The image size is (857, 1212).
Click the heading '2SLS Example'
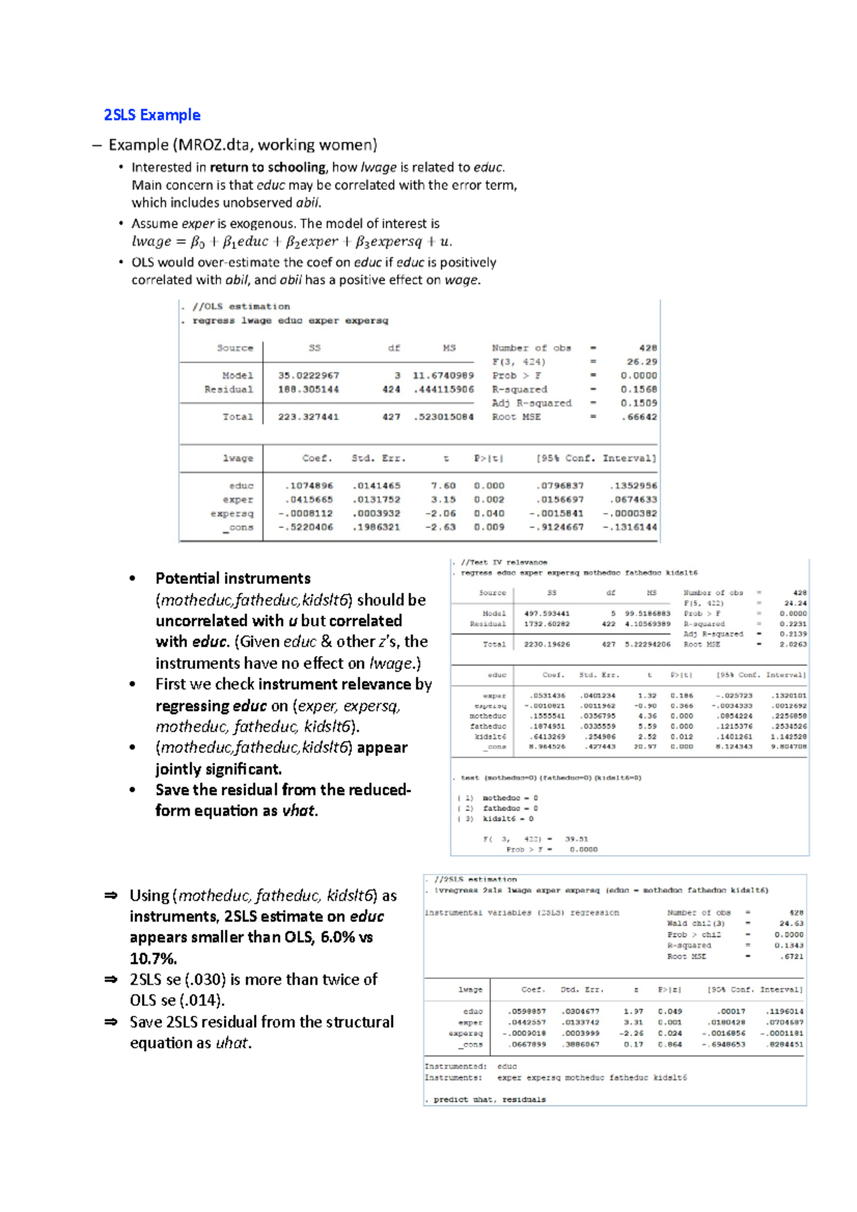tap(152, 115)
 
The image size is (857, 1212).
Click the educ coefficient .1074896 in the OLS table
tap(309, 485)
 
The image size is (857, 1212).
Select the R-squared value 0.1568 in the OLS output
tap(638, 389)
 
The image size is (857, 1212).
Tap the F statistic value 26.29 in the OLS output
tap(641, 362)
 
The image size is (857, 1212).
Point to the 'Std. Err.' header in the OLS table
tap(378, 458)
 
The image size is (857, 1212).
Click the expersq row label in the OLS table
tap(231, 513)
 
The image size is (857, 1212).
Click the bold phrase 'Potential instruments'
tap(233, 578)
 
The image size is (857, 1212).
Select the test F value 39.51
tap(576, 839)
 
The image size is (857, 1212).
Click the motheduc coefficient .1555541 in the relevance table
tap(547, 716)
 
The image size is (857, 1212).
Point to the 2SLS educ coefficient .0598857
tap(527, 1011)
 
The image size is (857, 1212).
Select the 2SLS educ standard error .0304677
tap(580, 1011)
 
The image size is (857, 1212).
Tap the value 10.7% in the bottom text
tap(153, 958)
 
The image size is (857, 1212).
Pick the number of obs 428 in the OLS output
tap(648, 348)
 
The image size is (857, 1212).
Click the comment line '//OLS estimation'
tap(241, 306)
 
